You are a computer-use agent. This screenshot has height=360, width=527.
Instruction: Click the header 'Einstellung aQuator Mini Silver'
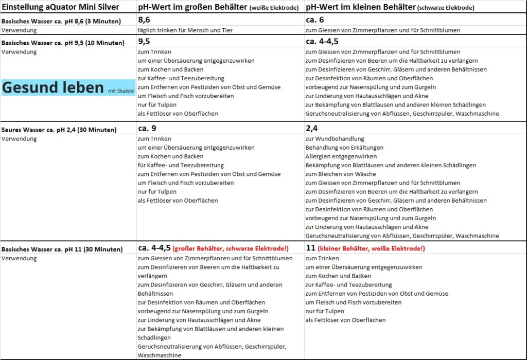click(60, 7)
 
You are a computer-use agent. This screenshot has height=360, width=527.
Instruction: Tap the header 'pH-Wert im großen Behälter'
click(192, 7)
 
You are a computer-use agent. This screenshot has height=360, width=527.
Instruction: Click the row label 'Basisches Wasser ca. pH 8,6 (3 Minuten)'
click(61, 21)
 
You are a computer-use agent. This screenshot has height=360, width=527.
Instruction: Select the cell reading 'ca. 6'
click(315, 20)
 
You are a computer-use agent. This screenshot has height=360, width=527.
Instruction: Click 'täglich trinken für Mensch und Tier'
click(185, 30)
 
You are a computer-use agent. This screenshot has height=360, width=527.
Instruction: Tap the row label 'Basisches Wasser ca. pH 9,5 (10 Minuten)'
click(63, 43)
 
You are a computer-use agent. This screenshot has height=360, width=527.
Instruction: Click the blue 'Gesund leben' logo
click(54, 88)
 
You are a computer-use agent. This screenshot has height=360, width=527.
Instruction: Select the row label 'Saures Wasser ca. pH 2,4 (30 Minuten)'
click(59, 130)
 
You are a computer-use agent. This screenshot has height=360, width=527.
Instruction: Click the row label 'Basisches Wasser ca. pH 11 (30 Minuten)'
click(62, 249)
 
